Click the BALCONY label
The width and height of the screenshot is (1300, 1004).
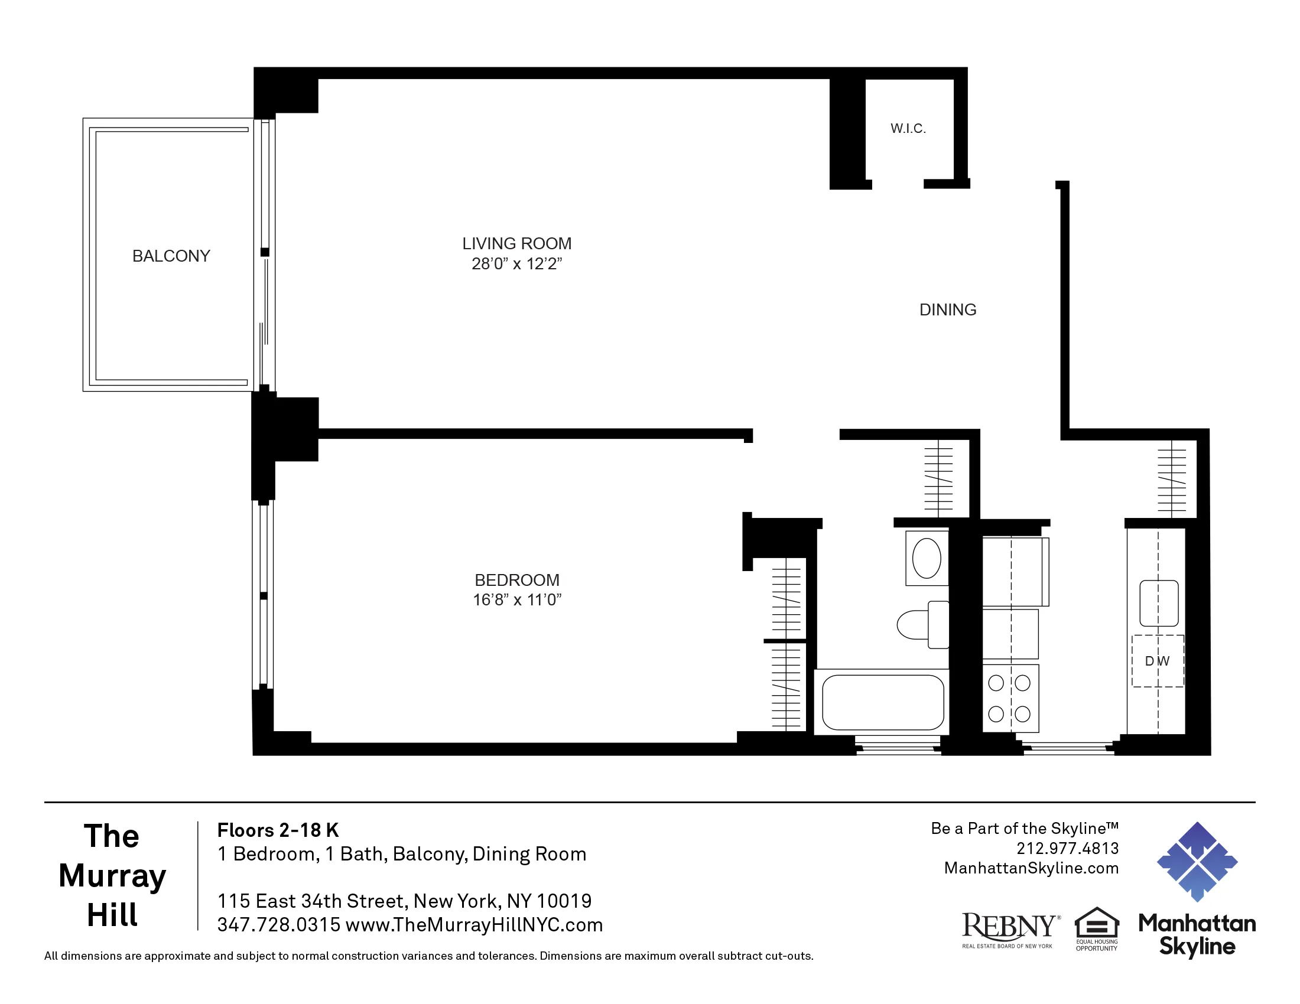(171, 256)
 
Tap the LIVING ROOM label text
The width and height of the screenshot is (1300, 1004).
(516, 243)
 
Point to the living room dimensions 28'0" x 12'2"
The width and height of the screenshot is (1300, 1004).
(516, 263)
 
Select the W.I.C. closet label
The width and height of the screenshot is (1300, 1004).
(908, 129)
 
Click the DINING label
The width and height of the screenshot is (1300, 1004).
(948, 309)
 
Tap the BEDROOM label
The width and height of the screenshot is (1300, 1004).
(516, 579)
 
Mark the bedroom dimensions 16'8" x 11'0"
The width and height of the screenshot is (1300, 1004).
(516, 599)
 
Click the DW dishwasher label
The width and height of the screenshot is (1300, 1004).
(1157, 661)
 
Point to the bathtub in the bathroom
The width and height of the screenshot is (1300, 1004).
(883, 702)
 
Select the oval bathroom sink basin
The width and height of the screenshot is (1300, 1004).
(926, 558)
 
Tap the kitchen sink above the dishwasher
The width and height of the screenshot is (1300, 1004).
(1158, 603)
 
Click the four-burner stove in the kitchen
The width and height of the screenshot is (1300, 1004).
(1009, 698)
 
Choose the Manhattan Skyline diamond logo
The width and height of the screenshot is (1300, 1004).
(1197, 861)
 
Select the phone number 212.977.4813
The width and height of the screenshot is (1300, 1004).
(1067, 848)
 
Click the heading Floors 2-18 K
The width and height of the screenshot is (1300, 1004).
(277, 830)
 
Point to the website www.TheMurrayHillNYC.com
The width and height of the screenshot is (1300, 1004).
(474, 925)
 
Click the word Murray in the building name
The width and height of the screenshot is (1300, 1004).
(112, 875)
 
